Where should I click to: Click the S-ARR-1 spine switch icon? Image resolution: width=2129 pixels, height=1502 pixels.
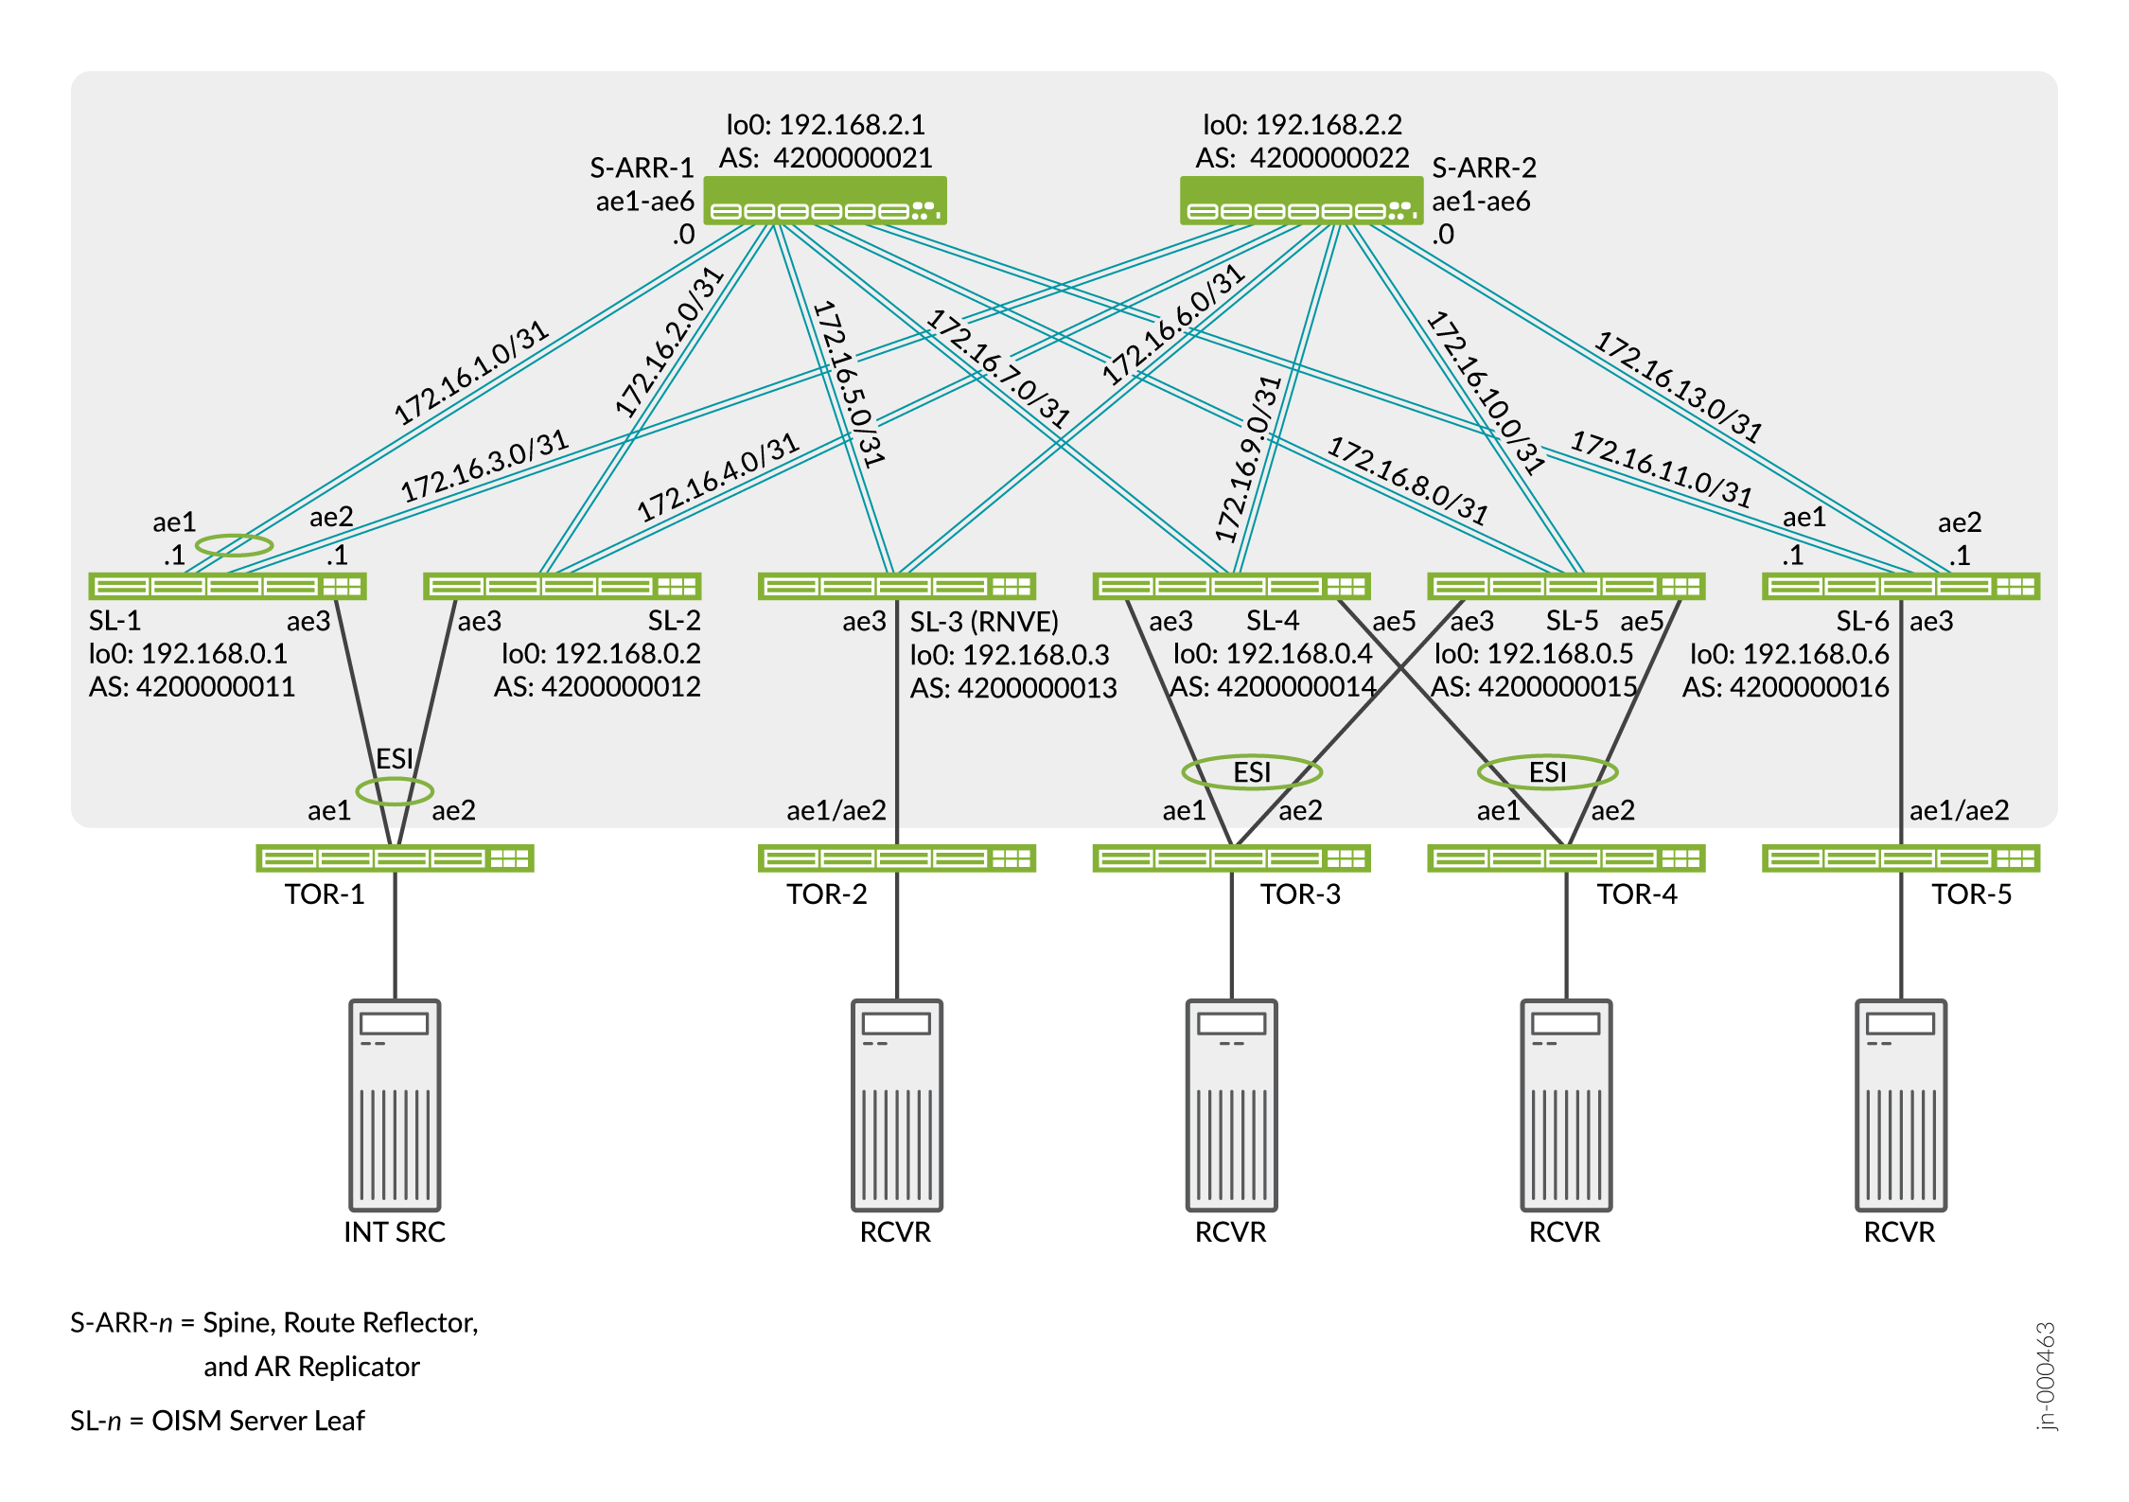point(824,201)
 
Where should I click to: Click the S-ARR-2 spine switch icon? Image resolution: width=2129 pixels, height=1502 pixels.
point(1301,201)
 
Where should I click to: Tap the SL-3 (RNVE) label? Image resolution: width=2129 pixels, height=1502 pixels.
point(984,622)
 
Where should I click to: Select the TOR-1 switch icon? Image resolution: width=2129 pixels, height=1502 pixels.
point(395,858)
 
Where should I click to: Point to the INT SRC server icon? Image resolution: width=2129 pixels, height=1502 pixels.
point(395,1104)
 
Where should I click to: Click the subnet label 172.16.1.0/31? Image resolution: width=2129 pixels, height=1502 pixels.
point(471,372)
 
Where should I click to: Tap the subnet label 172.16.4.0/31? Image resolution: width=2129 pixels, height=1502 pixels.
point(718,478)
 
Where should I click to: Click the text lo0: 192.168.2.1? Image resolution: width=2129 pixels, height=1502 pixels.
point(825,125)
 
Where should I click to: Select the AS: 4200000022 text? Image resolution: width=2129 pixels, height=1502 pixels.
point(1302,158)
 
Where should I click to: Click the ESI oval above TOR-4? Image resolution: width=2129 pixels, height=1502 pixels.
point(1547,772)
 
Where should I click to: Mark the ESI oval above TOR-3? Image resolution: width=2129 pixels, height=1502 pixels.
point(1251,772)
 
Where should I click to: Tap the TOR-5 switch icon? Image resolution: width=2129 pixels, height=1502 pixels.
point(1900,858)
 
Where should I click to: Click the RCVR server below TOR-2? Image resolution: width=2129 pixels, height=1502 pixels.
point(896,1104)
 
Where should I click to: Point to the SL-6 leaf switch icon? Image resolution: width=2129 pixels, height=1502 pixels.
point(1900,587)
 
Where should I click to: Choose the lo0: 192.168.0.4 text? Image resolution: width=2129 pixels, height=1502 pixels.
point(1272,654)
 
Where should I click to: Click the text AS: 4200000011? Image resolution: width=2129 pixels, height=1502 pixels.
point(192,687)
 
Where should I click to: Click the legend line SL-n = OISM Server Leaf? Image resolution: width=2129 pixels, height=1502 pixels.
point(217,1421)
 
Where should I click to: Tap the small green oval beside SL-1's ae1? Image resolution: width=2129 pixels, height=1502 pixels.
point(234,545)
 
